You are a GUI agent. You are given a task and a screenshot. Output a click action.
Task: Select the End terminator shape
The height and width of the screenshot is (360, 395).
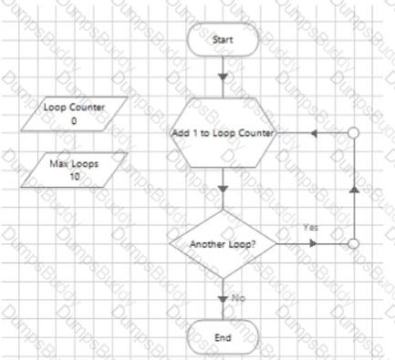coord(223,337)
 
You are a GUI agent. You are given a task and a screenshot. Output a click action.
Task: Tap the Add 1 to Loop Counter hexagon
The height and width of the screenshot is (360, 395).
coord(223,133)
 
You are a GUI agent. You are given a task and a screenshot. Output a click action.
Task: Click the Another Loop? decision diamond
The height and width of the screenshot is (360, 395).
coord(223,244)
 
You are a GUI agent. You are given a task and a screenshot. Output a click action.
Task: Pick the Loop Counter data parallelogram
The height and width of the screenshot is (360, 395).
coord(68,113)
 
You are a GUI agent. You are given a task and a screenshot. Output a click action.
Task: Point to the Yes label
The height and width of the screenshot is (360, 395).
coord(310,226)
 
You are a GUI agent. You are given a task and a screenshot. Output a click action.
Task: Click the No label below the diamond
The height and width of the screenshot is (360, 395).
coord(239,297)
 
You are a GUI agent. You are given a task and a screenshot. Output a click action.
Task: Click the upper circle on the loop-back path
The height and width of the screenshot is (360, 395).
coord(354,133)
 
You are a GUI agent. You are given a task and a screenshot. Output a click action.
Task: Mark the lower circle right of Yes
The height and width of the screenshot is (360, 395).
coord(354,244)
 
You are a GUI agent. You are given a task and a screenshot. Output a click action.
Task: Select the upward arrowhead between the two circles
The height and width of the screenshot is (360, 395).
coord(354,190)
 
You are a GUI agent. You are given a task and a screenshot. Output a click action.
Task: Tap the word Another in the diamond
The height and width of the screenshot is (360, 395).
coord(206,244)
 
